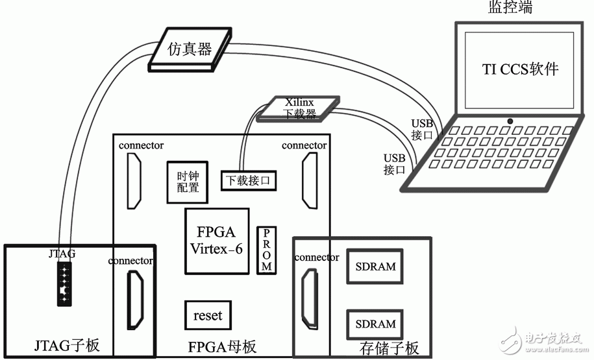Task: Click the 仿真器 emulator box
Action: click(x=190, y=49)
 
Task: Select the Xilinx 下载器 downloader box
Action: click(x=299, y=108)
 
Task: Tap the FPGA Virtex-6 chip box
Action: click(x=217, y=241)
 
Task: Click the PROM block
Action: click(x=266, y=250)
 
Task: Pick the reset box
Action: click(x=207, y=316)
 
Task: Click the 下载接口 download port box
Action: click(x=248, y=180)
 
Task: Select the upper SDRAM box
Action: click(x=375, y=267)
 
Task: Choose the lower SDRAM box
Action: click(x=375, y=324)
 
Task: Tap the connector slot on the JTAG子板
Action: click(x=135, y=298)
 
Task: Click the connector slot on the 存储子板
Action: click(x=308, y=298)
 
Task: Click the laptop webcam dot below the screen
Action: click(x=511, y=121)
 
